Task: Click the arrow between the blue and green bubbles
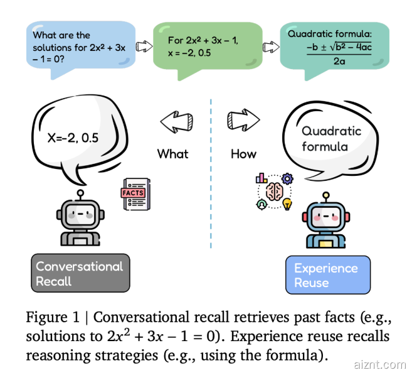coord(144,46)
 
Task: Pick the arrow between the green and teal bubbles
coord(270,46)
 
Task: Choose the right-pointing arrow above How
coord(243,119)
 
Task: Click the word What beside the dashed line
coord(172,153)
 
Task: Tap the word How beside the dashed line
coord(243,153)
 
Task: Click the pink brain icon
coord(274,192)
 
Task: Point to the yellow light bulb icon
coord(287,204)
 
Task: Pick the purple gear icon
coord(287,178)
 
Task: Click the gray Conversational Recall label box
coord(80,273)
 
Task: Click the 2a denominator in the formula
coord(338,62)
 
